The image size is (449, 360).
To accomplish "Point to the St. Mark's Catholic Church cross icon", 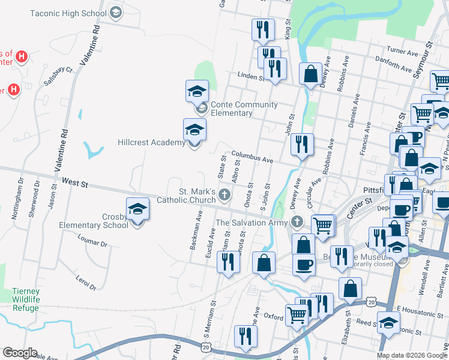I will pos(224,194).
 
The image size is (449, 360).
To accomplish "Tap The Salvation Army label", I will pos(253,223).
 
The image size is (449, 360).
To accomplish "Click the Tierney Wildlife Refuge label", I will pos(26,299).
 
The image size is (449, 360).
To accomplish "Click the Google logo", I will pos(20,353).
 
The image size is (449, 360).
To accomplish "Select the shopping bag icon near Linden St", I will pos(311,74).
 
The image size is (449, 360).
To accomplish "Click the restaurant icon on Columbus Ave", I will pos(302,144).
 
